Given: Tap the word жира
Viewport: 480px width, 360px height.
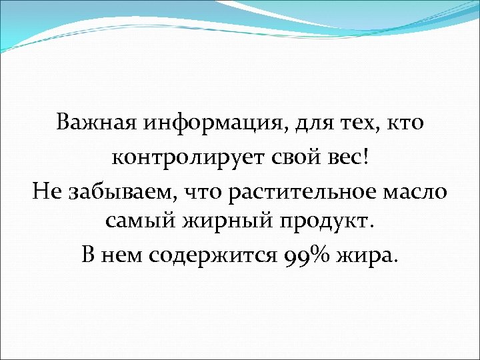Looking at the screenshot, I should [x=365, y=257].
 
